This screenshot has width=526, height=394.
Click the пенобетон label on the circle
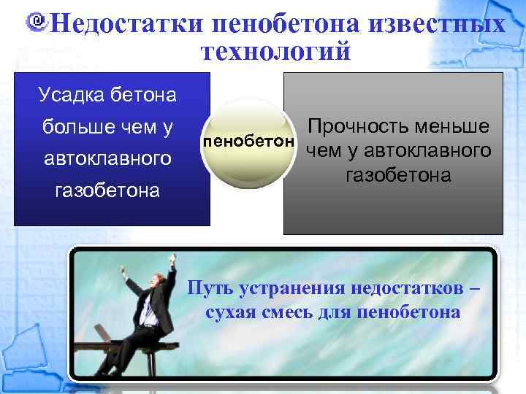(249, 139)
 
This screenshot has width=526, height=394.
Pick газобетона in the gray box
(398, 176)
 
